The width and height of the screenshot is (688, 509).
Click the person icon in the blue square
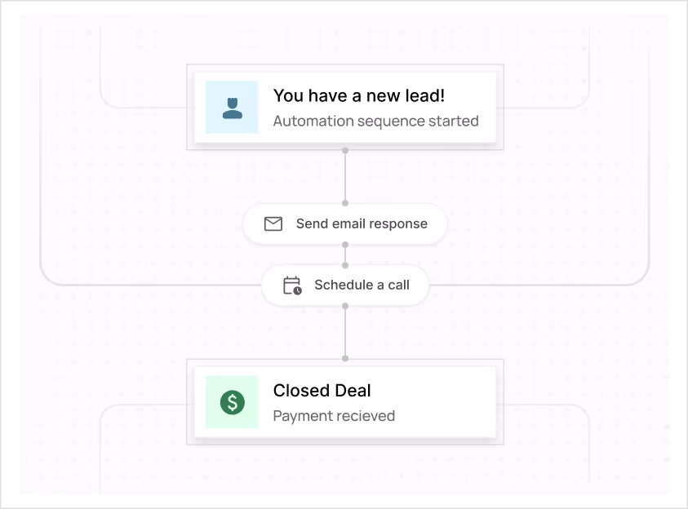(x=232, y=108)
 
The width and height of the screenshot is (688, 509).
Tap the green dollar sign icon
(x=232, y=402)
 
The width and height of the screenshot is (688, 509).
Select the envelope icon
(x=273, y=224)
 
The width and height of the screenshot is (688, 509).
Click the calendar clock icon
(x=291, y=285)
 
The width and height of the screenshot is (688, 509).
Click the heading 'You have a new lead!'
(x=359, y=95)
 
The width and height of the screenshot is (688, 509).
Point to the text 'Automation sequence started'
(x=375, y=121)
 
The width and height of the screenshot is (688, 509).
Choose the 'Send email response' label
(x=362, y=224)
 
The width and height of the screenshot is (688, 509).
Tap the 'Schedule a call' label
(x=362, y=285)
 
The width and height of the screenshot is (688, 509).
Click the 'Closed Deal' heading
(x=322, y=391)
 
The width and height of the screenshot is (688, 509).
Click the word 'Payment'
(x=301, y=416)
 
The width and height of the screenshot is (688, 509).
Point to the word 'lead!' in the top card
(x=425, y=95)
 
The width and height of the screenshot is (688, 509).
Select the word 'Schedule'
(x=343, y=285)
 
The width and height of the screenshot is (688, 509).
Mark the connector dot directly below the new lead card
(x=345, y=151)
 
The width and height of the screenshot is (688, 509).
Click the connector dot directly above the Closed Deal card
(x=345, y=358)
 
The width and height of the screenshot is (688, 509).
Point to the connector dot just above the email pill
(x=345, y=203)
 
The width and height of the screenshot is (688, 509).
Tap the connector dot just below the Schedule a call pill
(x=345, y=306)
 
